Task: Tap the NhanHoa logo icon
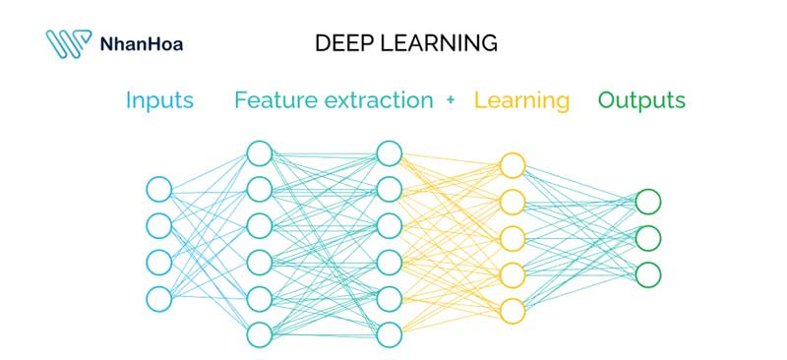[x=68, y=43]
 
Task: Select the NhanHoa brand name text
[x=142, y=43]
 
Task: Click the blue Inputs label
[x=159, y=100]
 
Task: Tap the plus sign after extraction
[x=451, y=100]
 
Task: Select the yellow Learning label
[x=521, y=100]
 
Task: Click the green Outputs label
[x=641, y=100]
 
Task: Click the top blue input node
[x=158, y=189]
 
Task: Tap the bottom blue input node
[x=158, y=298]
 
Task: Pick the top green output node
[x=647, y=202]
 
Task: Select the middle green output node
[x=647, y=238]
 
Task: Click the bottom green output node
[x=647, y=274]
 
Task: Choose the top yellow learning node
[x=513, y=165]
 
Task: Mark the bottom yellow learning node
[x=513, y=311]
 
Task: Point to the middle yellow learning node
[x=513, y=238]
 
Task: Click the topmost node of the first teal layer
[x=259, y=153]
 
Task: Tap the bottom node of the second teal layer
[x=389, y=334]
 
